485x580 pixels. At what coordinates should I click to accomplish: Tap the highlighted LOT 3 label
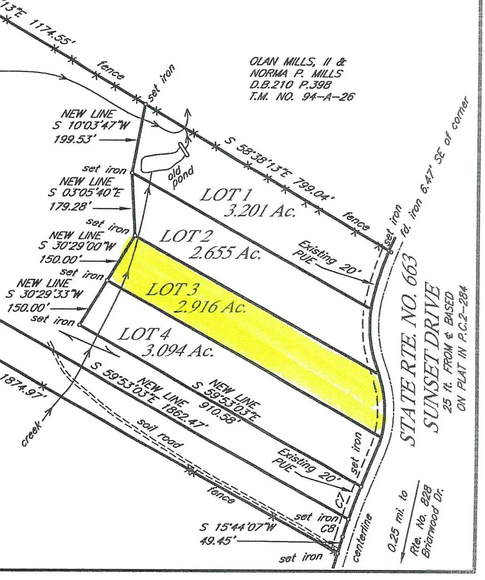(173, 289)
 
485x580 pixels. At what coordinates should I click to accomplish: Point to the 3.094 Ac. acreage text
(178, 351)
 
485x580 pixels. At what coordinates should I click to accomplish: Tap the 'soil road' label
(160, 434)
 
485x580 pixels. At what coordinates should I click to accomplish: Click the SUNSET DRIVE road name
(431, 357)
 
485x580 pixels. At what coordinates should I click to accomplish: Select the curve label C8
(328, 529)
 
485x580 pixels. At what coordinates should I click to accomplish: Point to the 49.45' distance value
(218, 541)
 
